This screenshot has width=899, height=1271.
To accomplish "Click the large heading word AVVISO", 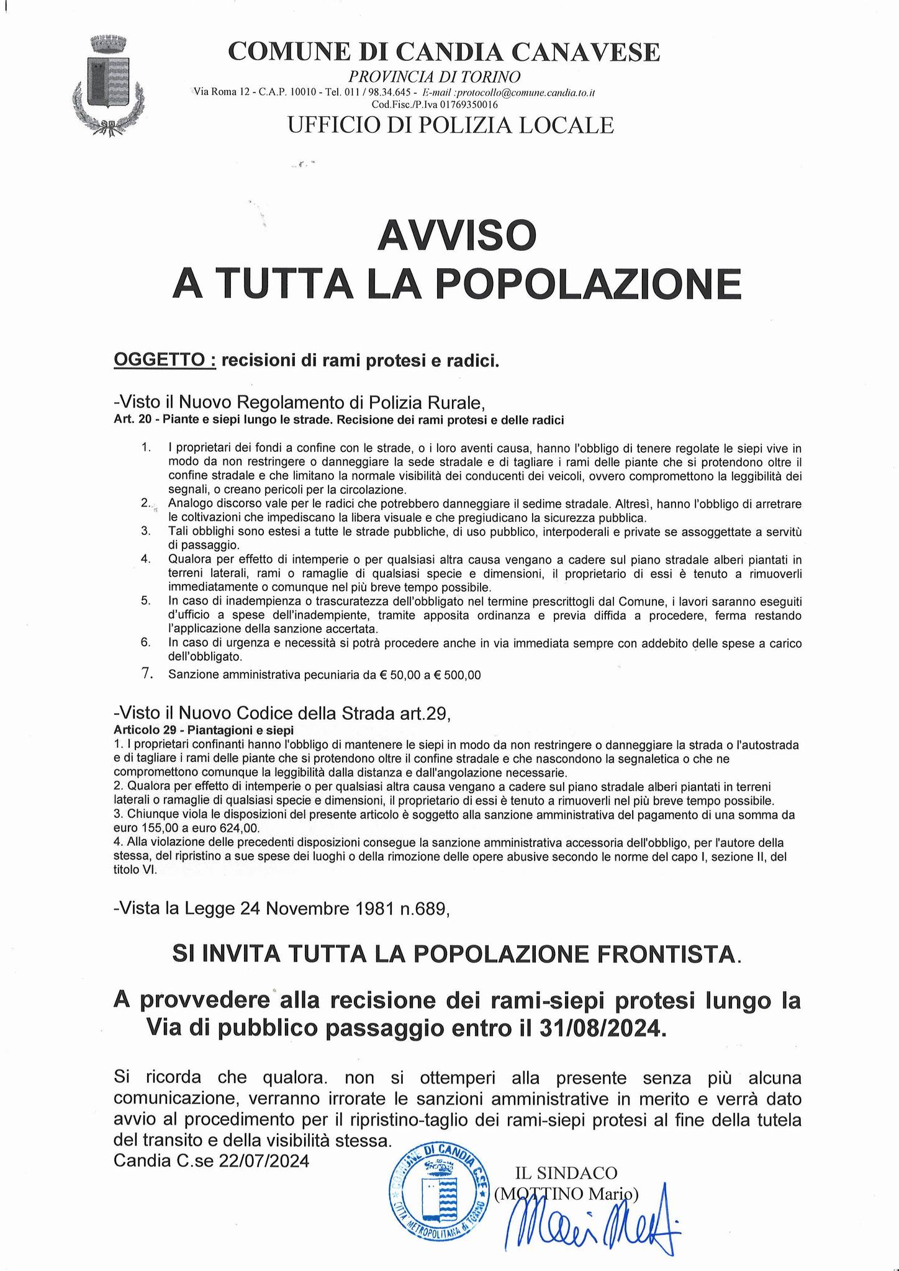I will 457,235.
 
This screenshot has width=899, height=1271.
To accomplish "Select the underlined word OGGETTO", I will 164,361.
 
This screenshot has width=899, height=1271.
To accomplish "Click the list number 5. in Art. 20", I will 146,600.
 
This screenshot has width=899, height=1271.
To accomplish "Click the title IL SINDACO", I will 566,1173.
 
